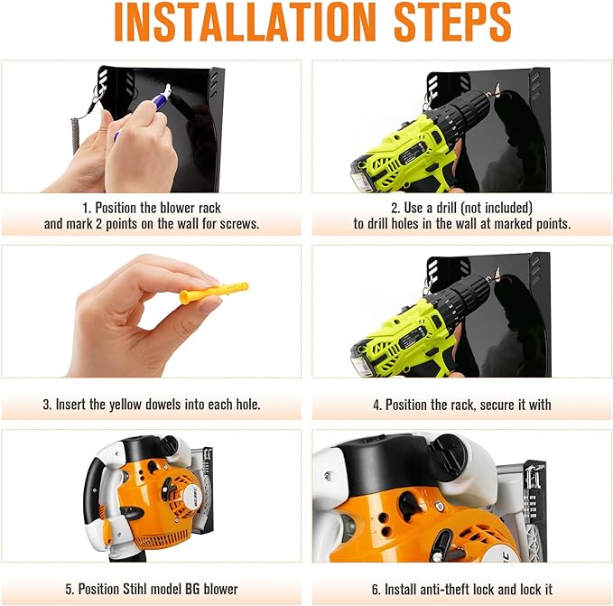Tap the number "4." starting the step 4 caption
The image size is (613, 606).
pos(377,405)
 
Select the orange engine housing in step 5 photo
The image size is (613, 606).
pos(153,506)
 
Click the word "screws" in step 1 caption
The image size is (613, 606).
pos(237,223)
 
